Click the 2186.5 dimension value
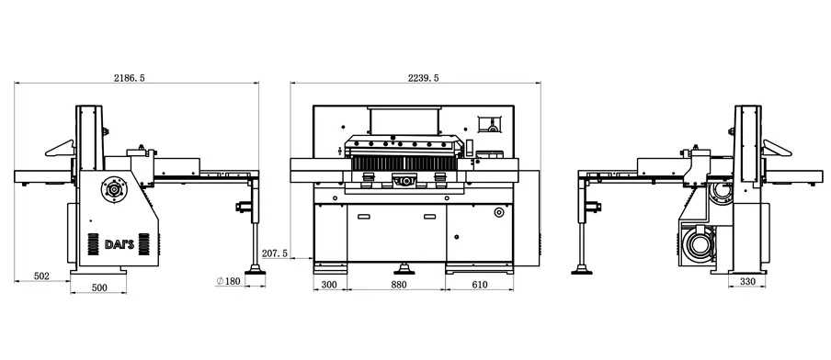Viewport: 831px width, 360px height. click(x=130, y=78)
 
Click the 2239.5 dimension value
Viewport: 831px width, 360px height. click(x=423, y=78)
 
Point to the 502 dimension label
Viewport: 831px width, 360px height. click(x=41, y=276)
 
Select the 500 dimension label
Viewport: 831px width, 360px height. click(x=99, y=287)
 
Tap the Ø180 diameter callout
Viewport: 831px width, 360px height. click(x=228, y=281)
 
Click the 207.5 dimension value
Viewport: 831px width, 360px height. click(x=275, y=253)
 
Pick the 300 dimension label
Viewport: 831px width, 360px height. click(x=329, y=285)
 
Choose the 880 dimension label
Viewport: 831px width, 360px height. click(x=399, y=285)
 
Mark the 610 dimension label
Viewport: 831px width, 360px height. click(x=479, y=285)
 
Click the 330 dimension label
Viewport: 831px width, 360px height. click(x=746, y=282)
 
